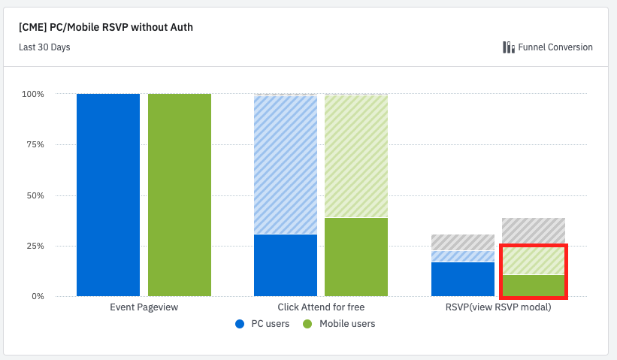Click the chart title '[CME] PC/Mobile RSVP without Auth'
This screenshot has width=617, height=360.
tap(107, 28)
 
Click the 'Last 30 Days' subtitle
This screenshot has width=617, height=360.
tap(44, 47)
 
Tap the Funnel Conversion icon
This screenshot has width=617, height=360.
tap(509, 47)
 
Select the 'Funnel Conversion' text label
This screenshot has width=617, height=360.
tap(555, 47)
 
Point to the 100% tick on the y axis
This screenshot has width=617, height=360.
tap(33, 94)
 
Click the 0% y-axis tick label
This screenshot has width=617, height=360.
tap(37, 296)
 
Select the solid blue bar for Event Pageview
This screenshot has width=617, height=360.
tap(108, 195)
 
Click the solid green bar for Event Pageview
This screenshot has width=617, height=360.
tap(180, 195)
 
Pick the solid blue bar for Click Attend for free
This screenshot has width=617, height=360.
tap(286, 265)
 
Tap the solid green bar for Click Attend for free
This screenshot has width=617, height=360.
tap(356, 257)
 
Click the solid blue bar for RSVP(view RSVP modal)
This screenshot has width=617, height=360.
tap(462, 279)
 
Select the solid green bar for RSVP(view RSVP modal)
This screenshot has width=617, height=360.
tap(534, 286)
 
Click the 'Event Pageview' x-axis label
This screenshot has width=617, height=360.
tap(144, 307)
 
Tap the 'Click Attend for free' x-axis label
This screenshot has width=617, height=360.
tap(321, 307)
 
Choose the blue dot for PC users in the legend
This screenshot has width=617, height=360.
tap(240, 324)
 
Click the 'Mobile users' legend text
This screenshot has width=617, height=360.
tap(347, 324)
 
